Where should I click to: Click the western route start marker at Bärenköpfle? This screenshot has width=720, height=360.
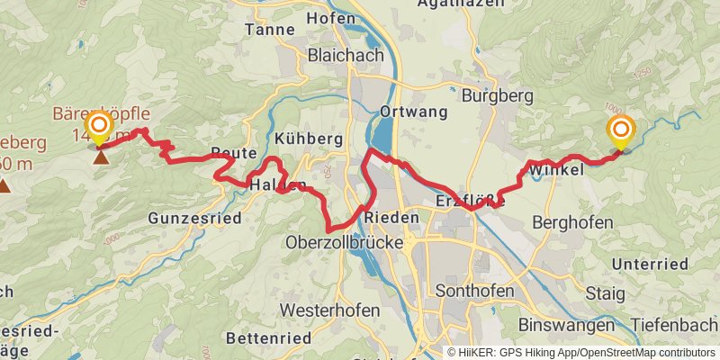(x=99, y=126)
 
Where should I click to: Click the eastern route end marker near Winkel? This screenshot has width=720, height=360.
(x=621, y=131)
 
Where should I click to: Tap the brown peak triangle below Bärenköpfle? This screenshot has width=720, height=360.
(x=100, y=158)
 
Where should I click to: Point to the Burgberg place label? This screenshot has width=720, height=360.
(x=492, y=94)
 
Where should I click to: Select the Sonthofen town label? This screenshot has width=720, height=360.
(x=474, y=291)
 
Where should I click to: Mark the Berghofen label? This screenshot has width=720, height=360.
(x=572, y=222)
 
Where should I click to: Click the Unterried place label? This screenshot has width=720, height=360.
(x=649, y=264)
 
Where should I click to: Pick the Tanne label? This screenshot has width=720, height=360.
(x=270, y=30)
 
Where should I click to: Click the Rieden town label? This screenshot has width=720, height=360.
(x=392, y=218)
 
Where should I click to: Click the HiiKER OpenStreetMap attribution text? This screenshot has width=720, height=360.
(x=580, y=352)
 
